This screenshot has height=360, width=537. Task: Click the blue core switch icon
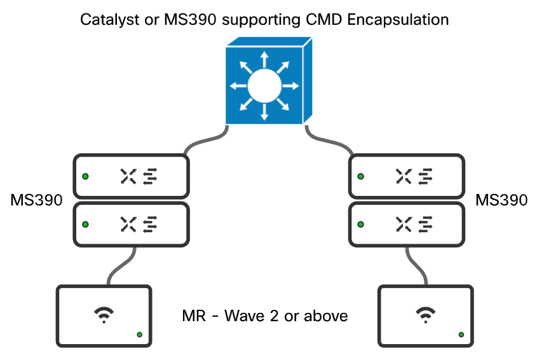click(x=268, y=81)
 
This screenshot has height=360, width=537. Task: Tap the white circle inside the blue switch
click(x=264, y=87)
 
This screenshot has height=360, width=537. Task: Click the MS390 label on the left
click(x=37, y=201)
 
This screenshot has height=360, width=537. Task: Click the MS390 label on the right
click(x=501, y=201)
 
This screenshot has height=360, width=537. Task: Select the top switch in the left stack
click(x=132, y=176)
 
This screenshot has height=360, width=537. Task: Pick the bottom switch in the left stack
click(x=132, y=224)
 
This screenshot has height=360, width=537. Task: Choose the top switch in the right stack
click(x=407, y=176)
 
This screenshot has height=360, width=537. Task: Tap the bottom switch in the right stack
click(x=407, y=224)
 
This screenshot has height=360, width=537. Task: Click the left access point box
click(x=104, y=315)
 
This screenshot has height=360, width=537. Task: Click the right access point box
click(x=426, y=315)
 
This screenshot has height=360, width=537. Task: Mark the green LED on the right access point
click(x=461, y=335)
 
